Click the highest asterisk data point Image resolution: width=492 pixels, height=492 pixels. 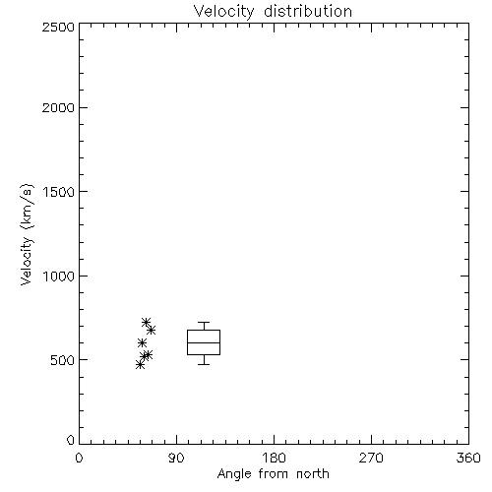tap(146, 322)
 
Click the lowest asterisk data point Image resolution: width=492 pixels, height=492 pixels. tap(140, 365)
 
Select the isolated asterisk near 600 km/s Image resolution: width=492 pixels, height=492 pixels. tap(142, 343)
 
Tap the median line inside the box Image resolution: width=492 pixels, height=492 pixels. tap(204, 342)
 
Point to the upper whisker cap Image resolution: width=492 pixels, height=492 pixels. tap(204, 323)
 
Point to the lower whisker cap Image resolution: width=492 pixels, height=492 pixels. tap(204, 364)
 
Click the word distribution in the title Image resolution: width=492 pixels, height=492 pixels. tap(308, 12)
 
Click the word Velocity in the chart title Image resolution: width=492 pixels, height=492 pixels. tap(223, 12)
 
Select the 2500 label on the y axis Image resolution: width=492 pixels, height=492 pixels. tap(58, 27)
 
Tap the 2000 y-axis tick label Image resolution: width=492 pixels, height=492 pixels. tap(58, 107)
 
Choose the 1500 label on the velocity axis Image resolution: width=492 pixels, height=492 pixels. tap(59, 192)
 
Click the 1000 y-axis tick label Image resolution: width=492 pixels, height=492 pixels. tap(59, 276)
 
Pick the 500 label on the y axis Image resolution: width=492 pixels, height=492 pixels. tap(63, 360)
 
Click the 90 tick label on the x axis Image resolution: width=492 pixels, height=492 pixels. tap(176, 458)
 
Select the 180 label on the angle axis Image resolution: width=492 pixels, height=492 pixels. tap(274, 458)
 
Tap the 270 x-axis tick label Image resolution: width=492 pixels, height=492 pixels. tap(371, 458)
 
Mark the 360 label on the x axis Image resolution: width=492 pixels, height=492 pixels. tap(468, 458)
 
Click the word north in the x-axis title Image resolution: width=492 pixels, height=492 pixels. tap(313, 474)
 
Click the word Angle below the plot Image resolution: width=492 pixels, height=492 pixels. tap(234, 474)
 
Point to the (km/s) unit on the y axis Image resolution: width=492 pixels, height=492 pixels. tap(27, 207)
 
